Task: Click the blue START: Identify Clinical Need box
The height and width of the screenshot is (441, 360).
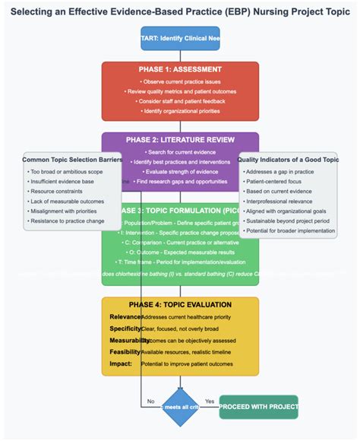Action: pos(180,38)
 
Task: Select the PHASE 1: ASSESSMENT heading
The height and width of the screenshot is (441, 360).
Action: pos(180,69)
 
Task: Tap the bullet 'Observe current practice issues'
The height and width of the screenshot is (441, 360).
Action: pos(180,81)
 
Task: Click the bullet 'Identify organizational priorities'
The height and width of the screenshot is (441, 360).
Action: pos(180,111)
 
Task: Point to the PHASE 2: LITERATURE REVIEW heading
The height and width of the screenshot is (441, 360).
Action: pos(180,139)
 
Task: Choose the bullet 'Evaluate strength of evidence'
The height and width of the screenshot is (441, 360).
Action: pos(180,172)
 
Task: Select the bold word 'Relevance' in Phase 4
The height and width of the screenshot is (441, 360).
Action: pos(125,316)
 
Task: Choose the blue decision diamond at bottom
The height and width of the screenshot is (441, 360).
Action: pos(180,408)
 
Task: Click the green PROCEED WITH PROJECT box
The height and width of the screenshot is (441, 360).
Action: pos(258,407)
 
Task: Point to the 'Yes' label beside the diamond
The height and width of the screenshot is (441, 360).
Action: pos(210,401)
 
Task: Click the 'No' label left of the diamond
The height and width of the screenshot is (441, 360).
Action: pos(150,401)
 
